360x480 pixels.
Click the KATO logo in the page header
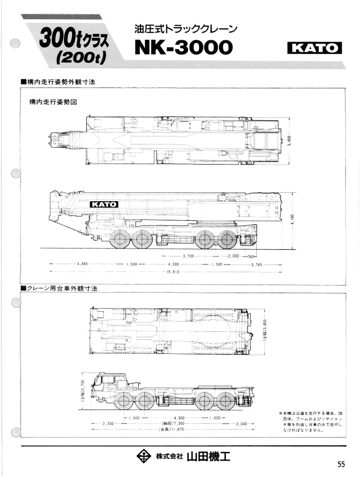coord(314,48)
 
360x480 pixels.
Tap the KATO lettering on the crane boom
coord(104,204)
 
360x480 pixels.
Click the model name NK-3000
coord(183,47)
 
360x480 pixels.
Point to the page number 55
coord(341,464)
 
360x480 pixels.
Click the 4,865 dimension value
coord(82,264)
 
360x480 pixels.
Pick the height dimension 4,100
coord(292,219)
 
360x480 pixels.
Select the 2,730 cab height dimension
coord(83,388)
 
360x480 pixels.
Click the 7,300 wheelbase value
coord(172,423)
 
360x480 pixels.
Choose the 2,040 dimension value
coord(242,423)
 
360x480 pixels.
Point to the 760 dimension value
coord(251,256)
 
